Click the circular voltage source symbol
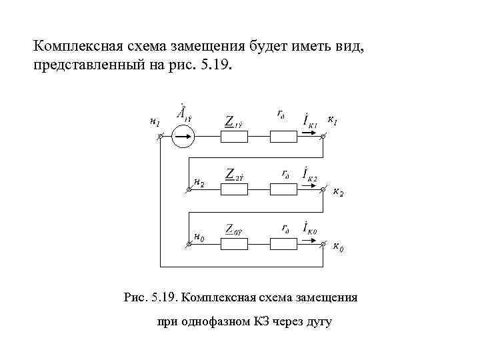[x=182, y=137]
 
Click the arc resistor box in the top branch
[x=283, y=137]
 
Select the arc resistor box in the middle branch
[x=283, y=189]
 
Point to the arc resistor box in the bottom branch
[x=283, y=244]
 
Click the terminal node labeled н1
[x=161, y=137]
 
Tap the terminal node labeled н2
[x=189, y=189]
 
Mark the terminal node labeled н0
[x=189, y=244]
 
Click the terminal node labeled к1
[x=323, y=137]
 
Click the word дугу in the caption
[x=317, y=322]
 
